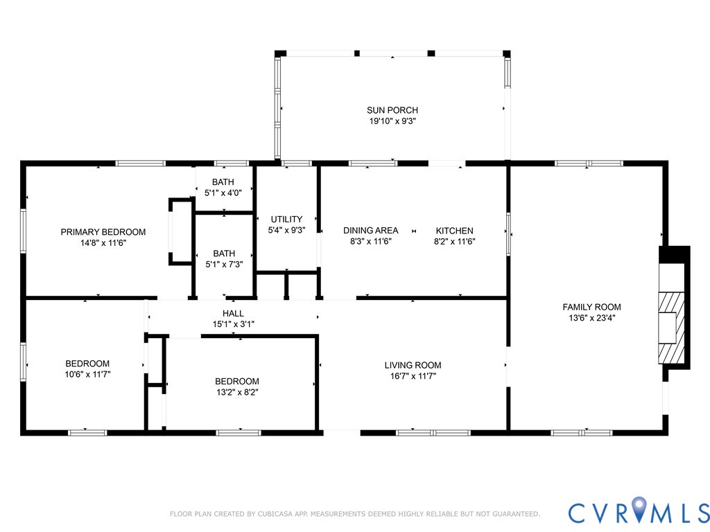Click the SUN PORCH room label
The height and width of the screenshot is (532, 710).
point(392,110)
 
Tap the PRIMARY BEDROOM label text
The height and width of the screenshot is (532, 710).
point(103,232)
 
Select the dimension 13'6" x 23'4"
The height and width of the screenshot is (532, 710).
point(591,318)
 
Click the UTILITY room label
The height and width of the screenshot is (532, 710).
point(286,220)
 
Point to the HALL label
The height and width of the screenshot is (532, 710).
point(233,314)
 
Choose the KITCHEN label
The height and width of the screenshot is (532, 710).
point(454,231)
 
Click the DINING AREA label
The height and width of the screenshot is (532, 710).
point(371,231)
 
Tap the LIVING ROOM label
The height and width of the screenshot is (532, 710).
point(413,365)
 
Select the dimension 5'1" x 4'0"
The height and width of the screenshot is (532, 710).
point(223,193)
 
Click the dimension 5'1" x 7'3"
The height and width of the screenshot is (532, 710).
point(223,265)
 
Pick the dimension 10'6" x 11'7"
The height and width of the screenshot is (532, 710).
point(87,374)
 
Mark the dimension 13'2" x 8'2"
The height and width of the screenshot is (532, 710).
point(237,391)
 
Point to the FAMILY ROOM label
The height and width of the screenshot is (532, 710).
point(591,307)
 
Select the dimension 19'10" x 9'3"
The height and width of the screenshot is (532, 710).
point(392,121)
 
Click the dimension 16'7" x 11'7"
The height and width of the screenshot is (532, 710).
point(413,376)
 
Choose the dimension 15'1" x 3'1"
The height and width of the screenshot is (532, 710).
point(233,324)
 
